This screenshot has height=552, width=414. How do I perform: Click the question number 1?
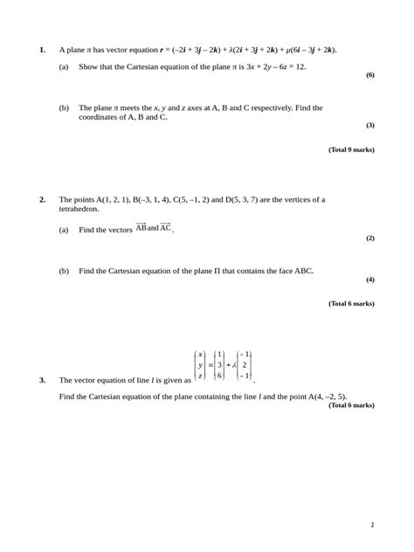click(x=42, y=50)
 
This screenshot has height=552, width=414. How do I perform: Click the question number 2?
click(x=42, y=199)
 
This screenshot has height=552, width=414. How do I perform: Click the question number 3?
click(x=42, y=380)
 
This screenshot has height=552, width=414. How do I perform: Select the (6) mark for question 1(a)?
click(x=369, y=75)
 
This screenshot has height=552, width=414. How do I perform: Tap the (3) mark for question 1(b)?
click(x=369, y=125)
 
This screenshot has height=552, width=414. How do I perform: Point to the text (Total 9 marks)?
click(x=351, y=149)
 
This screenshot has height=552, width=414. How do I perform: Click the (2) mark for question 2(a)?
click(x=369, y=238)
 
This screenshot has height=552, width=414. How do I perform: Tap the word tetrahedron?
click(x=79, y=210)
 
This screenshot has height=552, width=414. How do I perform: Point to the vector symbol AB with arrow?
click(x=141, y=228)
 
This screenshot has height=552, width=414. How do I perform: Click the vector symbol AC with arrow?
click(x=166, y=228)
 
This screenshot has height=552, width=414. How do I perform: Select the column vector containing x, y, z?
click(x=200, y=364)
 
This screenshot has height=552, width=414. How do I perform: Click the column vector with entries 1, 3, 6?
click(x=220, y=364)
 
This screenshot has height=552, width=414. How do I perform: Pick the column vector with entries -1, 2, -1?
click(x=245, y=364)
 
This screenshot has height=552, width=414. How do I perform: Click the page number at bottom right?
click(x=372, y=525)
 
